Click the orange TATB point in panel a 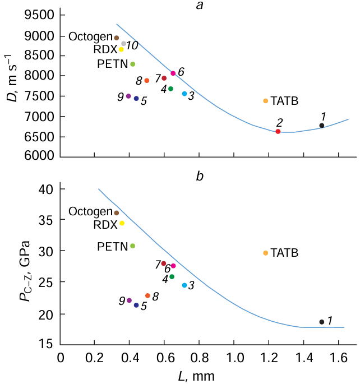pos(265,101)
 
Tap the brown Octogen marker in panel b pos(117,212)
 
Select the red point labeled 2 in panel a pos(278,131)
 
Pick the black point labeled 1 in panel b pos(321,322)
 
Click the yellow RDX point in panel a pos(121,49)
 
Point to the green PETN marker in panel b pos(133,246)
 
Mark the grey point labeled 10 pos(124,43)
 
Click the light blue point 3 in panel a pos(184,94)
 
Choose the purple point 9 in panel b pos(129,300)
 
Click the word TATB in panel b pos(284,253)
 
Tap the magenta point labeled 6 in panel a pos(173,73)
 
